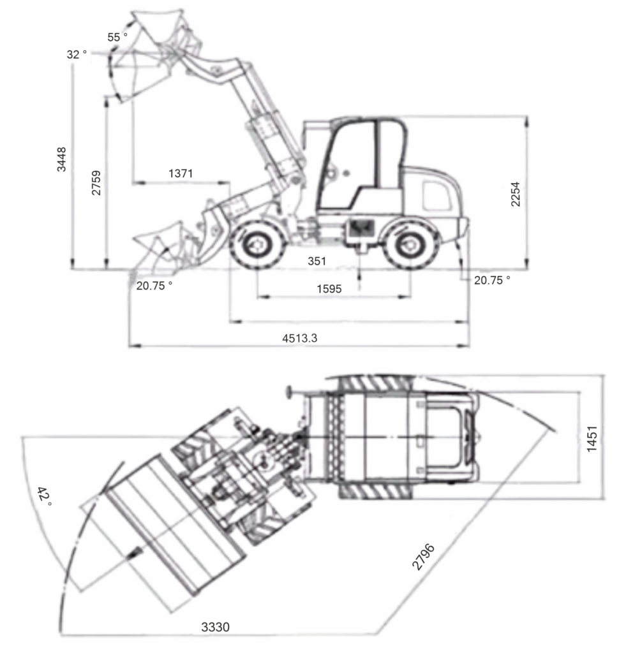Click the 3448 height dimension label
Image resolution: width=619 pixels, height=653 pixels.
tap(61, 159)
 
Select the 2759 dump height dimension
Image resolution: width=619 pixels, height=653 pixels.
tap(96, 182)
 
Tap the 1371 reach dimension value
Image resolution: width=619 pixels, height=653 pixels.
tap(181, 173)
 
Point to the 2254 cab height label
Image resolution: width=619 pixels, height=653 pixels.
tap(516, 194)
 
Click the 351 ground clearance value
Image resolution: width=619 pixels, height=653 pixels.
tap(317, 261)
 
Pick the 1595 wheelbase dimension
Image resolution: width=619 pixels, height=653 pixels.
tap(329, 289)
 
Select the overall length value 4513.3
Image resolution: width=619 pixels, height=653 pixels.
tap(300, 338)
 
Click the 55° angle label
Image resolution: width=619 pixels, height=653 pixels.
tap(117, 37)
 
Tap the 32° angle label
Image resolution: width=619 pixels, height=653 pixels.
tap(77, 54)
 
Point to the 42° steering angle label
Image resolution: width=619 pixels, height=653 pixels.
tap(44, 496)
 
